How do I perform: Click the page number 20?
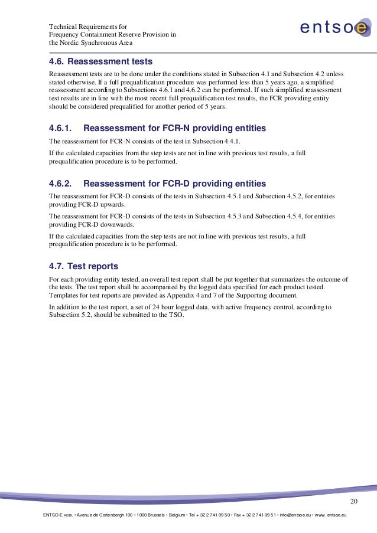tap(354, 502)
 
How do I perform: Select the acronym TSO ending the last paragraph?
tap(176, 315)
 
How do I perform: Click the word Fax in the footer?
tap(239, 515)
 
